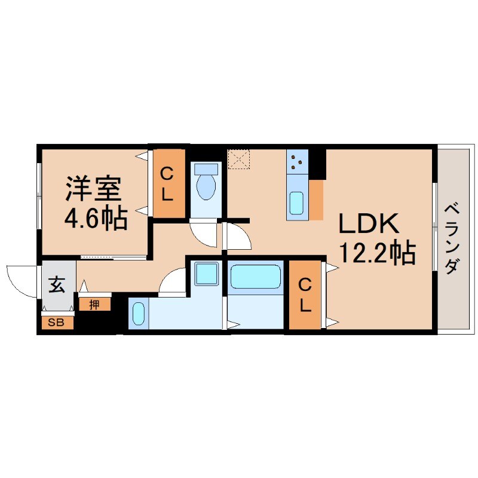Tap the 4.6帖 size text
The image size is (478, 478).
[x=96, y=219]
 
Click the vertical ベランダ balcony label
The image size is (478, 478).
[x=452, y=238]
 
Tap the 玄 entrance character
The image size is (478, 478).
[x=57, y=286]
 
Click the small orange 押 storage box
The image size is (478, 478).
[x=94, y=305]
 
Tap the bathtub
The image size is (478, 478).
[x=255, y=277]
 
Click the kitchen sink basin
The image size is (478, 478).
[x=297, y=204]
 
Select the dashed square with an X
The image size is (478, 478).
[x=240, y=159]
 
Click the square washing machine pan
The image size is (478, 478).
[x=207, y=274]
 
